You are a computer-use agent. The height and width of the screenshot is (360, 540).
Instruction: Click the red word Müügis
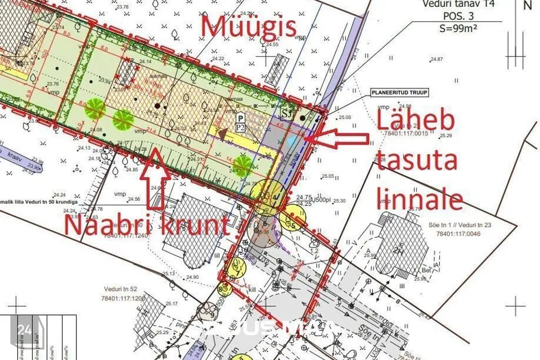(248, 26)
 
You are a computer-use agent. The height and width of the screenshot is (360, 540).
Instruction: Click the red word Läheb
(415, 121)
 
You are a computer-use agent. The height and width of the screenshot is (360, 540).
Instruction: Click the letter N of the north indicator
(527, 6)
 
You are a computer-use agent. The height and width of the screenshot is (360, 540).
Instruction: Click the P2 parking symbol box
(240, 123)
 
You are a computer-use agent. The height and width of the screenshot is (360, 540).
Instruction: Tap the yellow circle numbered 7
(239, 269)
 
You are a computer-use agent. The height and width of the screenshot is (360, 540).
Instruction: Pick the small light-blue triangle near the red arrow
(290, 141)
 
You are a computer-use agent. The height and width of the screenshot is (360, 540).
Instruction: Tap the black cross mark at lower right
(515, 307)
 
